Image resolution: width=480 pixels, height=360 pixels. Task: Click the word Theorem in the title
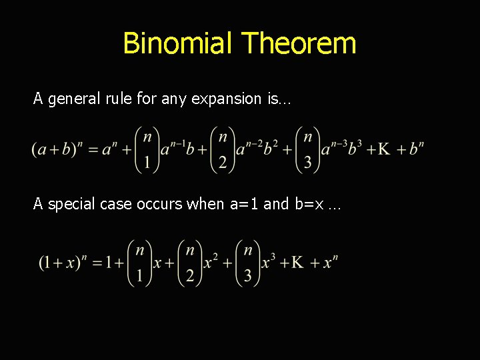[x=299, y=43]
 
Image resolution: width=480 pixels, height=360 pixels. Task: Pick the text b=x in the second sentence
[x=309, y=204]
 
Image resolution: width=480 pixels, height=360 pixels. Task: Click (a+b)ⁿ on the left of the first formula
[x=55, y=149]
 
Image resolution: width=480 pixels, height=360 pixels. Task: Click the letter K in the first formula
[x=384, y=149]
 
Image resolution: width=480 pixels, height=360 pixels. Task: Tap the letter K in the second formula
[x=298, y=262]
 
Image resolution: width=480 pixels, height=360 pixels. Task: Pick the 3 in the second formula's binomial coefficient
[x=248, y=275]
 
